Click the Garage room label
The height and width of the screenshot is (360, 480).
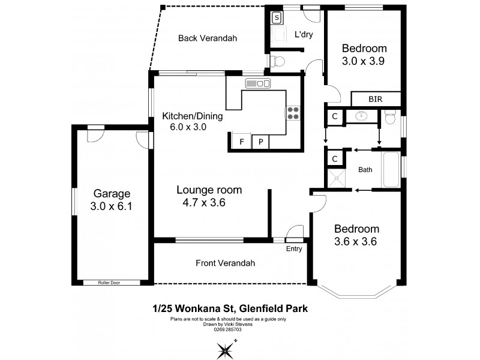coord(112,194)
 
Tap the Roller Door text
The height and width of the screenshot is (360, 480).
coord(112,282)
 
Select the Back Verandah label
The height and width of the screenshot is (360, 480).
coord(208,38)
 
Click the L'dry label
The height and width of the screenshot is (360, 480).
coord(304,34)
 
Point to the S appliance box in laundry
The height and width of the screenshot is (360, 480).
coord(276,17)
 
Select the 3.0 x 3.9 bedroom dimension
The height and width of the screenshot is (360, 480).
coord(364,61)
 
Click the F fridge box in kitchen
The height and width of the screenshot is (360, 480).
coord(241,142)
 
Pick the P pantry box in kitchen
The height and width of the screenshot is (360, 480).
coord(261,142)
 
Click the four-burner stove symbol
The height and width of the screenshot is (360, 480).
coord(293,113)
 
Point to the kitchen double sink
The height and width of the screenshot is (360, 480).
coord(256,83)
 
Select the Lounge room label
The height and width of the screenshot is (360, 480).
coord(209,190)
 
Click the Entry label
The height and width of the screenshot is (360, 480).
coord(294,248)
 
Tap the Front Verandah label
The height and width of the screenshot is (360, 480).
coord(225,263)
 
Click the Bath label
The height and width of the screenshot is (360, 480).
coord(365,170)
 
